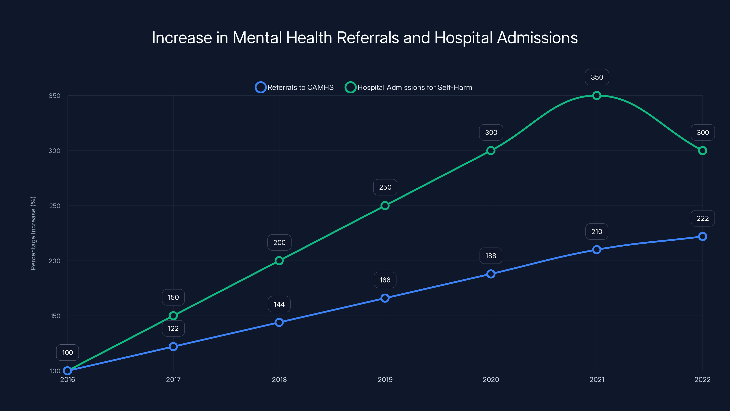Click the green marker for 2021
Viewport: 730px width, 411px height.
coord(597,96)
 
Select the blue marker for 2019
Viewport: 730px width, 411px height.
coord(385,298)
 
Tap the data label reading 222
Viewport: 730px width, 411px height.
coord(703,219)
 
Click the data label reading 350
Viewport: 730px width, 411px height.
coord(597,77)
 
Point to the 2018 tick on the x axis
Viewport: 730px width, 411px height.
coord(279,379)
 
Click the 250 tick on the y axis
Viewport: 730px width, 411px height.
coord(55,206)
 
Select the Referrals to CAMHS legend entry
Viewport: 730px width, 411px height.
coord(295,87)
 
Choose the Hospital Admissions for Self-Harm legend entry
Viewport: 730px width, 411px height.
coord(409,87)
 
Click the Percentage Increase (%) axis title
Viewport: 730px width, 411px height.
coord(33,233)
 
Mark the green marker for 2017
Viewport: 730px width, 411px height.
coord(173,316)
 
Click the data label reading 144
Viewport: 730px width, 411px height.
coord(279,304)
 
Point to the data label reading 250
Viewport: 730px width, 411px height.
coord(385,187)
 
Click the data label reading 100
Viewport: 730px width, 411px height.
coord(68,353)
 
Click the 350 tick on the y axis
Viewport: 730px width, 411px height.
coord(55,96)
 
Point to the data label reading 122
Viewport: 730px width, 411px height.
coord(173,329)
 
